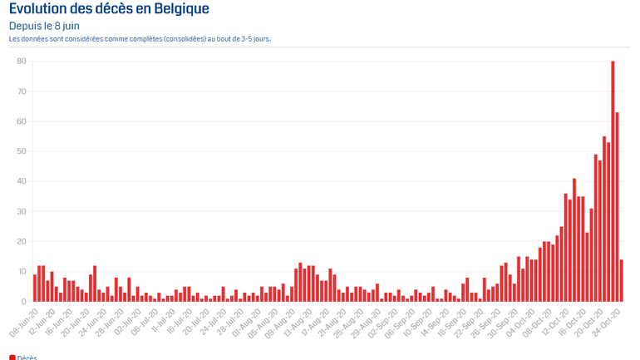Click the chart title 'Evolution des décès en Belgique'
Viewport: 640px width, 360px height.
(x=109, y=9)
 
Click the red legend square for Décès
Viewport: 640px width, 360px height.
(x=12, y=358)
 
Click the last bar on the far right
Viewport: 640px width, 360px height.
(x=622, y=281)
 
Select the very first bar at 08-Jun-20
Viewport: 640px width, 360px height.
(x=35, y=288)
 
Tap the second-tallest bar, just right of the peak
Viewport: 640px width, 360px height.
(x=617, y=207)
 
